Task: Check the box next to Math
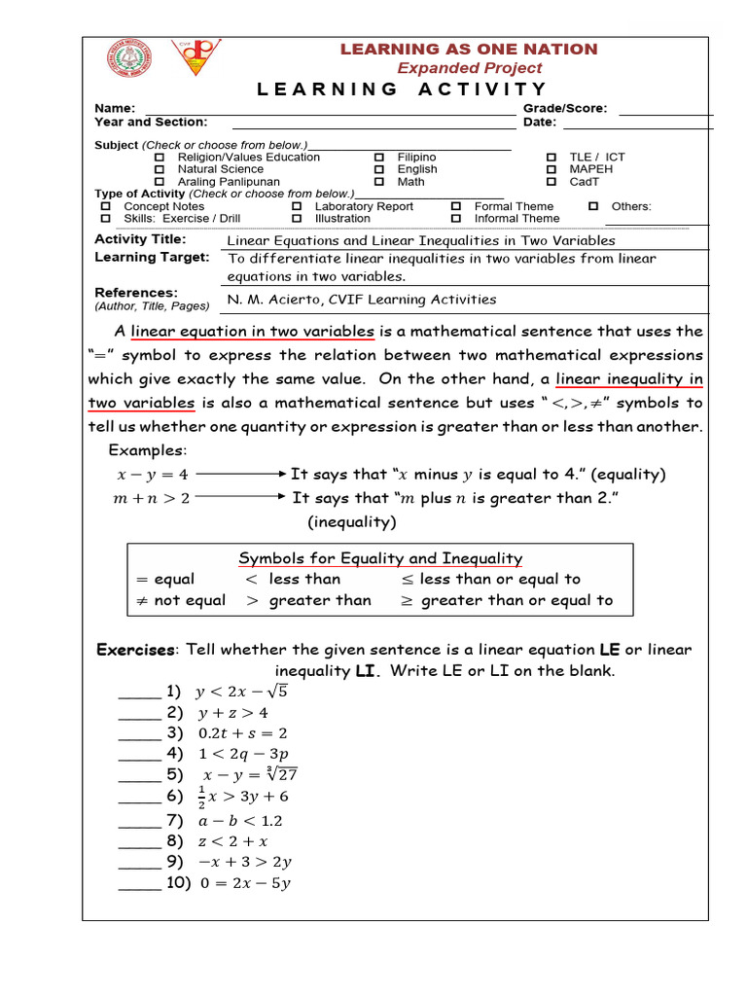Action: point(379,182)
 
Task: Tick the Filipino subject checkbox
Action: point(379,158)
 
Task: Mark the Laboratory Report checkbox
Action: point(297,207)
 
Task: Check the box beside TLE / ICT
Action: point(551,158)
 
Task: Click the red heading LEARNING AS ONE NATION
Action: point(468,49)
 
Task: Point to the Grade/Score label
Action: point(565,109)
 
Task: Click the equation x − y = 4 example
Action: point(153,475)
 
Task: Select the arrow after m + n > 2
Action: point(242,498)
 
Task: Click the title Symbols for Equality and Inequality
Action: point(380,558)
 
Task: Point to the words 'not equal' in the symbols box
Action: point(190,600)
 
